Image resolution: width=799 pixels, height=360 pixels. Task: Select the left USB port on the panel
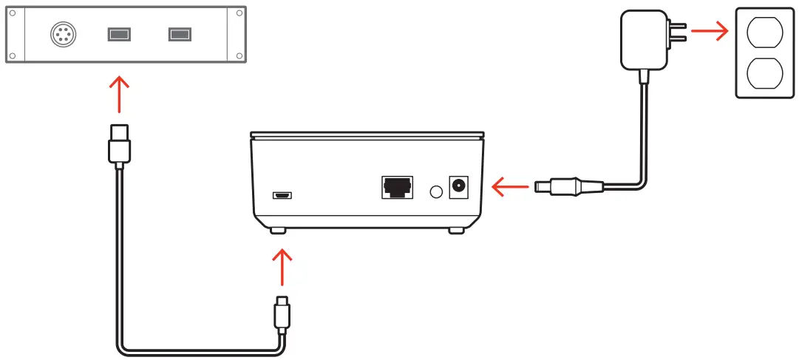pos(119,34)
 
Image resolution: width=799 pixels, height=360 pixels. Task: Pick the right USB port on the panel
pos(179,34)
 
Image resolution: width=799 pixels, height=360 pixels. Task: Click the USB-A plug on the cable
pos(119,145)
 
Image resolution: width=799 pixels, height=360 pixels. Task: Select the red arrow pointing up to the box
pos(282,266)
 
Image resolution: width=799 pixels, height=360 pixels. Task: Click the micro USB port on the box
pos(282,196)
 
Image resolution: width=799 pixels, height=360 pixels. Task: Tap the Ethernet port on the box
pos(398,187)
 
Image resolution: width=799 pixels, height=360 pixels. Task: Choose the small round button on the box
pos(436,191)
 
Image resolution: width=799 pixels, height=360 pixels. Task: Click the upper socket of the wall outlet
pos(764,33)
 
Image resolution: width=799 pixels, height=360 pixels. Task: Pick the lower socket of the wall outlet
pos(764,75)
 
